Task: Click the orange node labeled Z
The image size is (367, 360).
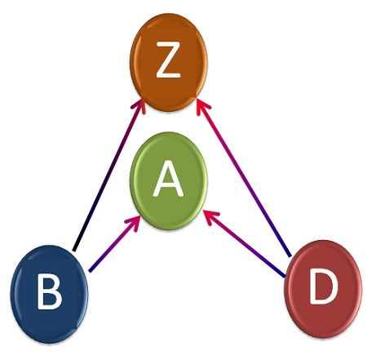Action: pos(169,62)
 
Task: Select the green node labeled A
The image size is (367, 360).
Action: pos(169,181)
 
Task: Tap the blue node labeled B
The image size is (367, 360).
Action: pos(49,294)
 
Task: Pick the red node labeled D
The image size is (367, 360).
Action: pos(323,289)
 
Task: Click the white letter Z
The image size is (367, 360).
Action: pos(169,60)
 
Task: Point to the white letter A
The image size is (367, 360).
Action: pos(168,178)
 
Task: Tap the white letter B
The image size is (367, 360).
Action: pos(49,291)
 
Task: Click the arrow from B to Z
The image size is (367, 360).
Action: pos(108,174)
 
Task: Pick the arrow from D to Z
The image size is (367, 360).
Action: pos(243,177)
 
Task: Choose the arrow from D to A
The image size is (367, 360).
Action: pos(245,243)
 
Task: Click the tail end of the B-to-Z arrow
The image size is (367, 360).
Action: pos(74,250)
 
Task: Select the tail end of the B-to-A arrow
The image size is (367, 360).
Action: pos(91,270)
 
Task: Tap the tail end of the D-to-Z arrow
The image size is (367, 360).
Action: pos(290,256)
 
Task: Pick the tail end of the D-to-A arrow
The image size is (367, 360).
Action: pos(285,276)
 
